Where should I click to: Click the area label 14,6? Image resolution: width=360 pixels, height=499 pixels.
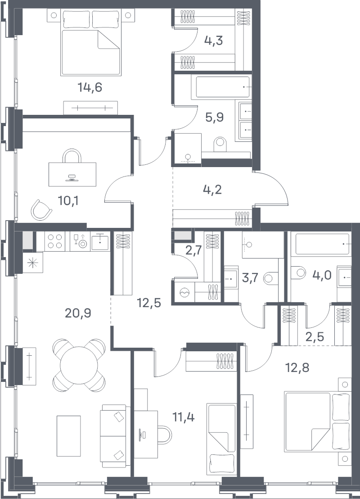(x=90, y=87)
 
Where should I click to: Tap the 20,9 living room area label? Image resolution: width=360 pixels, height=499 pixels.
(x=78, y=313)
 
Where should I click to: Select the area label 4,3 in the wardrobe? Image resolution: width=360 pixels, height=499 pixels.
(x=213, y=41)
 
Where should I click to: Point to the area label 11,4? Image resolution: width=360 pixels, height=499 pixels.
(x=184, y=417)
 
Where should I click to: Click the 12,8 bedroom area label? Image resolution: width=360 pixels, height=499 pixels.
(x=297, y=368)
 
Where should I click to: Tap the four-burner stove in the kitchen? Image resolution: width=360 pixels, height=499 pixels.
(x=55, y=241)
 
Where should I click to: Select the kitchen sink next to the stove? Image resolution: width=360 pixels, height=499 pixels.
(x=100, y=241)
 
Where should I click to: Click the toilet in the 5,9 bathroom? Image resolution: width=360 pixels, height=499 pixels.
(x=220, y=145)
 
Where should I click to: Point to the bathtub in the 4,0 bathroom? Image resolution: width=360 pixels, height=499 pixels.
(x=322, y=244)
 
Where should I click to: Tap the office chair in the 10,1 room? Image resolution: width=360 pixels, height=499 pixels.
(x=41, y=210)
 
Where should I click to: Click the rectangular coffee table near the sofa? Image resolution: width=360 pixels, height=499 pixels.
(x=69, y=435)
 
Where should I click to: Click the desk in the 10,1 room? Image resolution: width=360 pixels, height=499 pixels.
(x=72, y=174)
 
